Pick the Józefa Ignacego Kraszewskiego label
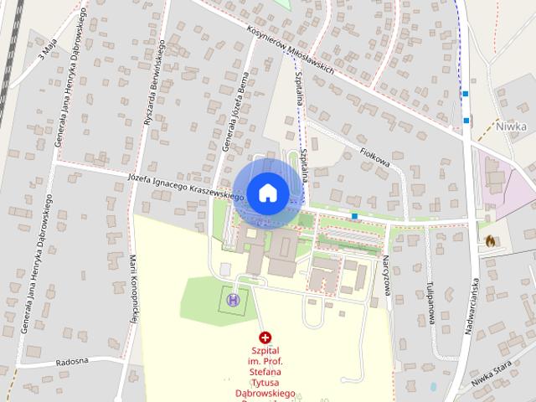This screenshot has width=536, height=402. pos(186,188)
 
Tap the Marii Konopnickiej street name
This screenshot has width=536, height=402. pos(133,289)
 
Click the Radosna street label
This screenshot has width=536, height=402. pos(72,363)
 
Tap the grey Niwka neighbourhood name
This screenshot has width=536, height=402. pos(511,127)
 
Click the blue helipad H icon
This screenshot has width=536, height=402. pos(233,299)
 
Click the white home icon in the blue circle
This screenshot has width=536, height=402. pos(266,193)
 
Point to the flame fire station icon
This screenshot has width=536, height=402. pos(490,241)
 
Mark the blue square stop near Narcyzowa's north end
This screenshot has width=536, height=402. pos(355,216)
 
